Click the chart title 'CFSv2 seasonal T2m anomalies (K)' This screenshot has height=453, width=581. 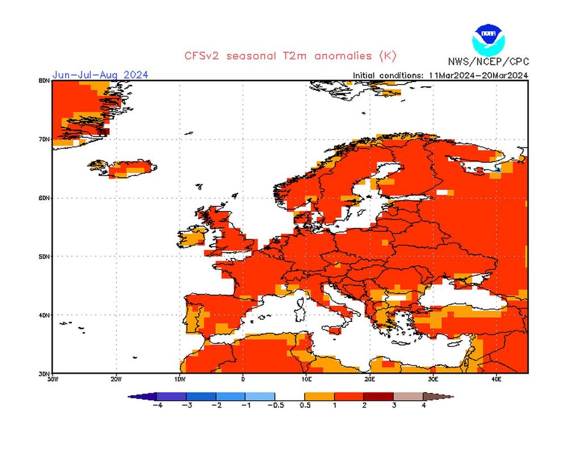[290, 56]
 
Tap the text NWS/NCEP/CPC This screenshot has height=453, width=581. [487, 62]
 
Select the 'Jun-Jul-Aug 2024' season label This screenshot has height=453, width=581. [100, 74]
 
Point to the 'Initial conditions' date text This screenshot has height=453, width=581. [440, 75]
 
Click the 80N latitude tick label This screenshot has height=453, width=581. [44, 81]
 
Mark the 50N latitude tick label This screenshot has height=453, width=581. [44, 256]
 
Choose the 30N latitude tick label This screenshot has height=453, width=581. [44, 374]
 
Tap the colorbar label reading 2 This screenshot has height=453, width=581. [364, 405]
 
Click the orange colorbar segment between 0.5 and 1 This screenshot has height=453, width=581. [319, 396]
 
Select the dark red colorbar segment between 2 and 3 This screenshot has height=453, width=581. [378, 396]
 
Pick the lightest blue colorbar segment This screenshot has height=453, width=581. [260, 396]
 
